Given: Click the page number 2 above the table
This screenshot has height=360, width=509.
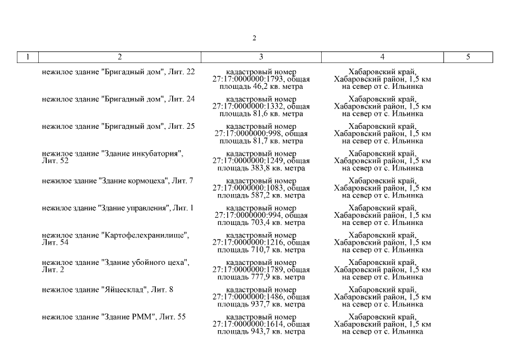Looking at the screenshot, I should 254,38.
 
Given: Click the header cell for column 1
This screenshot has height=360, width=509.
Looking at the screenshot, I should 28,57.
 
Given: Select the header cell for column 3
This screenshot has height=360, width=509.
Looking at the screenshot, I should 261,57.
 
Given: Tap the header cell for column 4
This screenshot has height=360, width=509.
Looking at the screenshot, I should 382,57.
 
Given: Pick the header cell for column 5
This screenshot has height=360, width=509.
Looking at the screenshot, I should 468,57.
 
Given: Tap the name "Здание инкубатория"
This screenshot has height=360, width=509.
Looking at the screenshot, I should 141,154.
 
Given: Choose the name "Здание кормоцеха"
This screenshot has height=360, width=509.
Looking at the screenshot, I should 134,181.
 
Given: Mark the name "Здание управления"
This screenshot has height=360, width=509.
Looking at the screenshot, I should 134,208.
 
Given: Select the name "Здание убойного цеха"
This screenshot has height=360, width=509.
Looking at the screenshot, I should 144,263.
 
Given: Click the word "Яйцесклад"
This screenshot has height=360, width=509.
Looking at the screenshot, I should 124,290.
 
